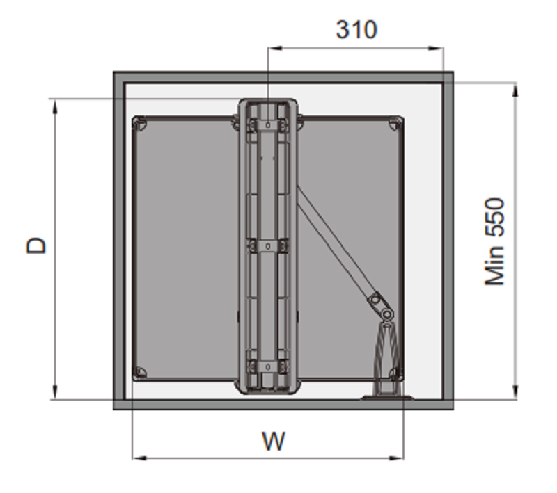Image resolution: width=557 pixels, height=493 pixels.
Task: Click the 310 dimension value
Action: [356, 30]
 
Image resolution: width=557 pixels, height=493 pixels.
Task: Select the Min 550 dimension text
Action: [494, 241]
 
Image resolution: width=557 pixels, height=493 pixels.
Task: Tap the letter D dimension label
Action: [36, 245]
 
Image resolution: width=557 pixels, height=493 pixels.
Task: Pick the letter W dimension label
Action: [274, 442]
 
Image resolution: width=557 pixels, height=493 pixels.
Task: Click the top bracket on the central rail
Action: [268, 125]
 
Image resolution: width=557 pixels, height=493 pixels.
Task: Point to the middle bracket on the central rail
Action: [268, 245]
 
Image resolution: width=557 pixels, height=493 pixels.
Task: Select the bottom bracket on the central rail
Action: [268, 366]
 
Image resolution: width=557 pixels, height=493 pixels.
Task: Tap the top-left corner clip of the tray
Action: [140, 124]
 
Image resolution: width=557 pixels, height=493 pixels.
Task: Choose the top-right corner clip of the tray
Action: [395, 124]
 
